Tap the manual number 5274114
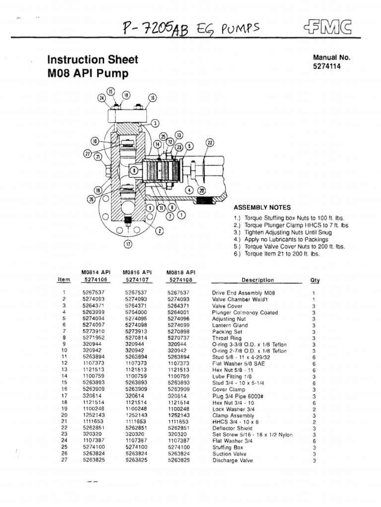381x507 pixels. click(327, 66)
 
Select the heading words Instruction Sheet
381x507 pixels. click(93, 60)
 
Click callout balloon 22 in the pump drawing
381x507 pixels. click(209, 143)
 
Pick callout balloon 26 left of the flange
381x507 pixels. click(91, 199)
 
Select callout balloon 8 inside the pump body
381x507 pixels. click(134, 171)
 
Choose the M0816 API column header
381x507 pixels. click(137, 272)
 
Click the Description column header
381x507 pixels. click(257, 280)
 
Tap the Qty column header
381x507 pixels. click(315, 280)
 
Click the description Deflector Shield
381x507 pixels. click(232, 428)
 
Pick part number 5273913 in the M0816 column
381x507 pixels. click(135, 332)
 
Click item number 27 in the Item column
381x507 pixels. click(64, 460)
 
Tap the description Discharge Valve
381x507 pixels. click(232, 460)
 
